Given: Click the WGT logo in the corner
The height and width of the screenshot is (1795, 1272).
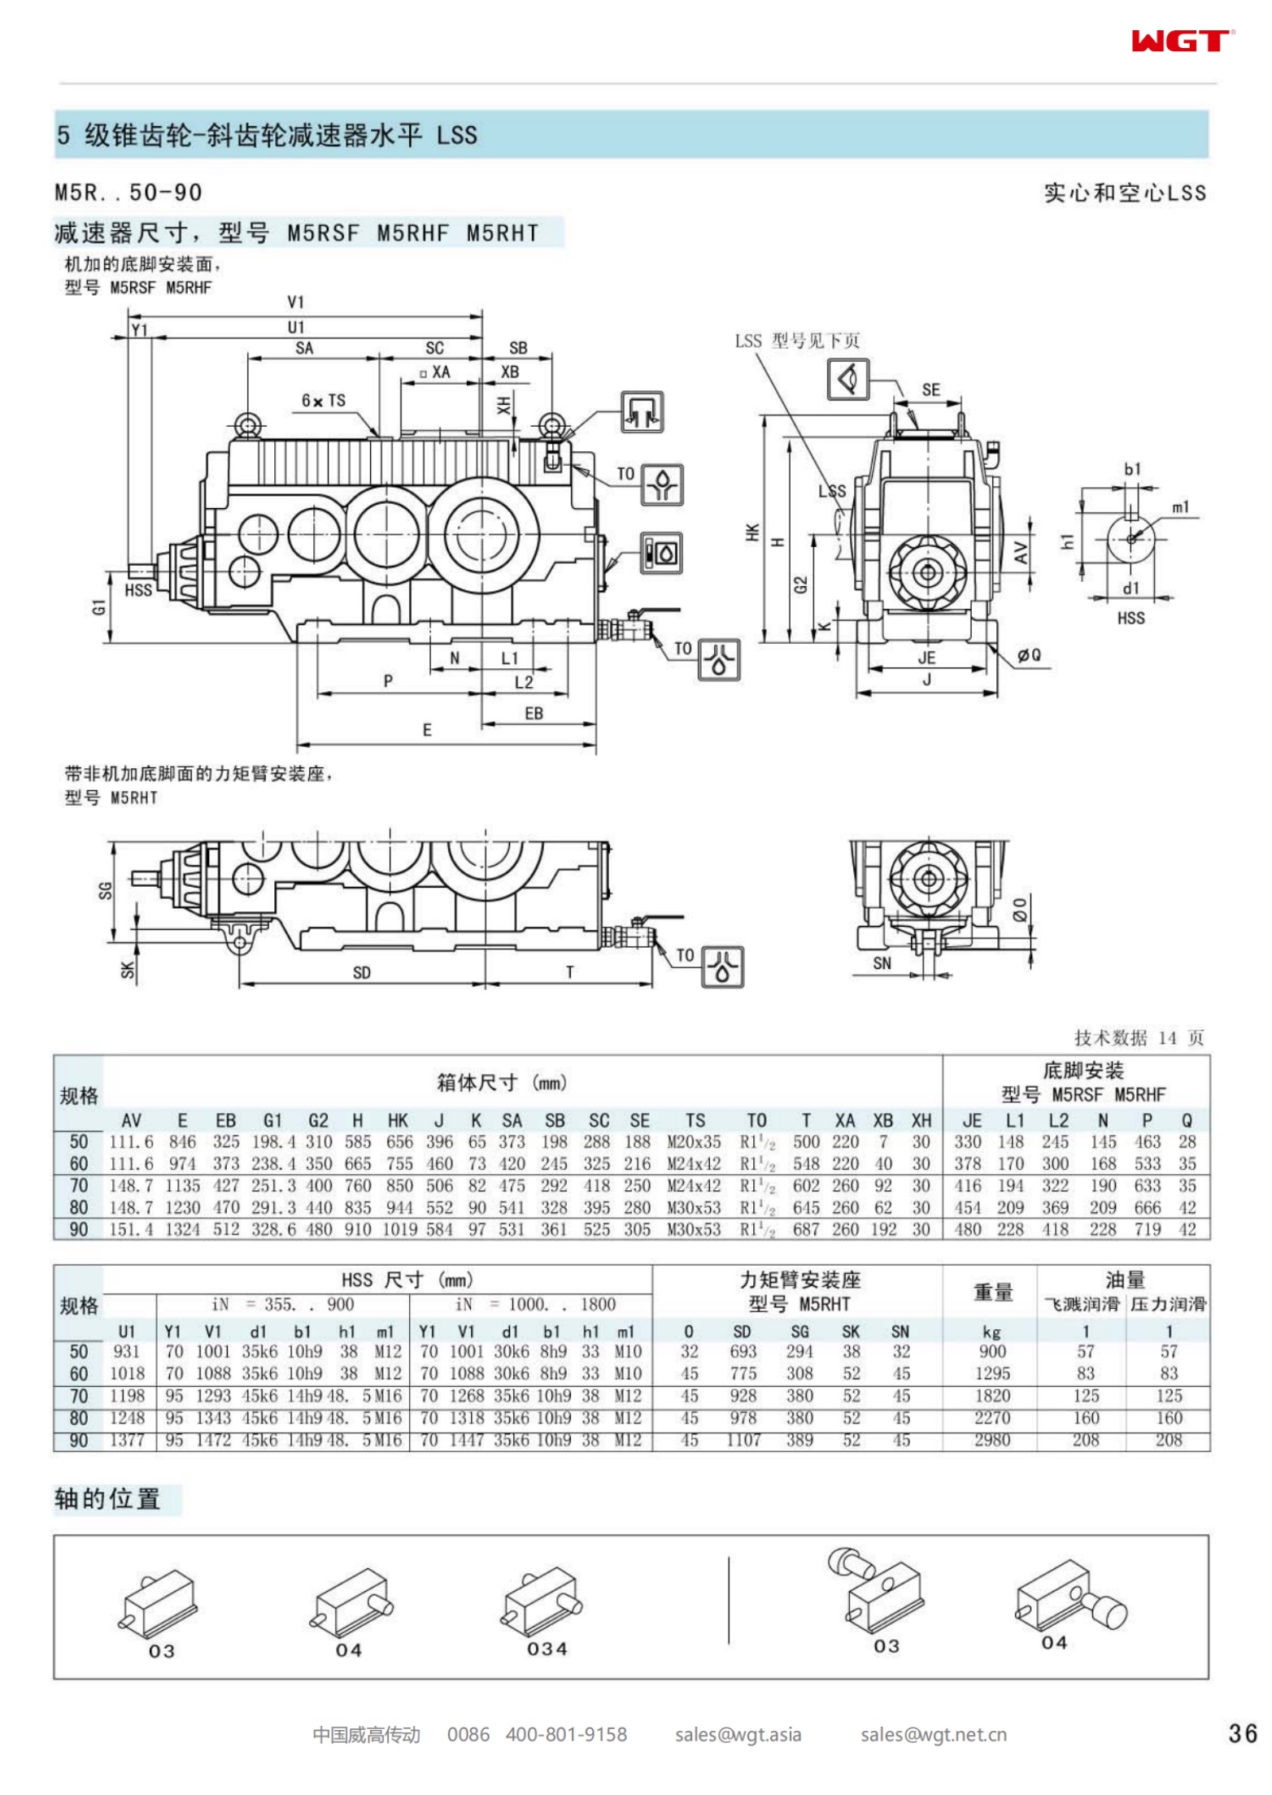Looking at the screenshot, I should point(1182,41).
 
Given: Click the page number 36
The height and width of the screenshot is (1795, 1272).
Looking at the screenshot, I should point(1243,1733).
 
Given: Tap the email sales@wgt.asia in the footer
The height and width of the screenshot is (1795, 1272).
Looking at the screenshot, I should point(738,1735).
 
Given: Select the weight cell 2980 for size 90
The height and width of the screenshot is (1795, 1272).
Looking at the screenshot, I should point(991,1440).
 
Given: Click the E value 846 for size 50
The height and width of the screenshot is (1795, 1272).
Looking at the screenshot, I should point(182,1142).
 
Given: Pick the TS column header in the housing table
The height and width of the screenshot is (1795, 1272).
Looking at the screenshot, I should point(695,1120).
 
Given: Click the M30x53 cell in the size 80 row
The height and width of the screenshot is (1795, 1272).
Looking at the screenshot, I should point(694,1208).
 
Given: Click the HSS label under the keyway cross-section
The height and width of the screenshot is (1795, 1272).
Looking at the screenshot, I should point(1130,618).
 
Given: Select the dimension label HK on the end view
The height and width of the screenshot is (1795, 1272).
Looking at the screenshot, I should point(752,532).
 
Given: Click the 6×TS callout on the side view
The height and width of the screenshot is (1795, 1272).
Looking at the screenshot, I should point(324,401).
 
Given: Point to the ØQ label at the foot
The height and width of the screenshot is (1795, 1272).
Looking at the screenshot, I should point(1029,655).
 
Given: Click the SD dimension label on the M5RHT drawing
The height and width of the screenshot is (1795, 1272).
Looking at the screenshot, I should point(362,972).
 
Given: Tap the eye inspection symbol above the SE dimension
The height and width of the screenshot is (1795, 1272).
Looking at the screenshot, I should point(847,379).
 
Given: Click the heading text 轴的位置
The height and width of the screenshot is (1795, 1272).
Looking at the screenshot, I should point(107,1499).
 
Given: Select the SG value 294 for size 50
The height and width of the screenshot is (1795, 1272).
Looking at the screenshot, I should point(799,1351).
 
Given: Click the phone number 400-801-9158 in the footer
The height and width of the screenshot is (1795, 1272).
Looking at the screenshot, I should point(566,1735).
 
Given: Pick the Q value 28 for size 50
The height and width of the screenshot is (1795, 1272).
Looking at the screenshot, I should point(1187,1142).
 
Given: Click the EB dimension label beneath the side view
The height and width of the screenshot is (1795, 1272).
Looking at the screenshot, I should point(534,713).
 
